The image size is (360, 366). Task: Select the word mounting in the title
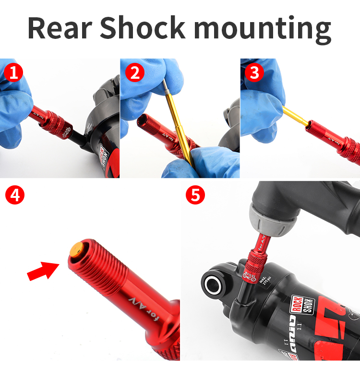263,29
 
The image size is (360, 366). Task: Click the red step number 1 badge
13,73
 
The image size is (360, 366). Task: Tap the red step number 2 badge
134,73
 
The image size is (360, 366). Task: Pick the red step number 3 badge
254,73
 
